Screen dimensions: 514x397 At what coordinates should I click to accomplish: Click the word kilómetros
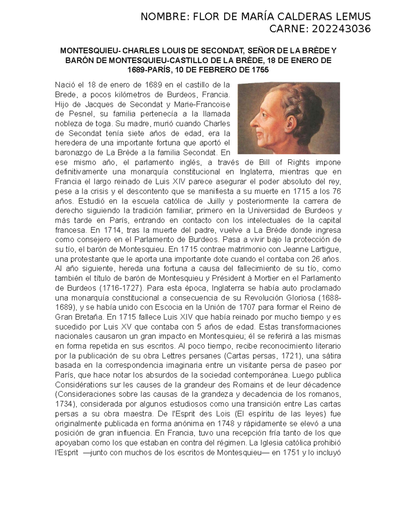coord(124,95)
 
